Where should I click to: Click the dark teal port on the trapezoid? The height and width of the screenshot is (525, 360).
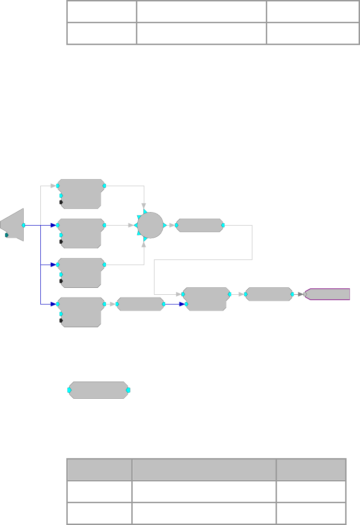(7, 235)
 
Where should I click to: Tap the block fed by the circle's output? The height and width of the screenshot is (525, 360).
(199, 225)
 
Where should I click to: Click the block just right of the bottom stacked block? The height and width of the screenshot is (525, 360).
(141, 304)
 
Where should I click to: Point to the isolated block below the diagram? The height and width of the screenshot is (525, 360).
(98, 390)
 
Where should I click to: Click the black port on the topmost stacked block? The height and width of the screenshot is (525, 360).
(61, 202)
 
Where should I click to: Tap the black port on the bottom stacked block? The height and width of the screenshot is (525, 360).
(61, 321)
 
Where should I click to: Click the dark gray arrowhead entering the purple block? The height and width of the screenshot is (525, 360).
(301, 294)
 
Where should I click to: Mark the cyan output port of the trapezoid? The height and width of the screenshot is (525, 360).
(23, 225)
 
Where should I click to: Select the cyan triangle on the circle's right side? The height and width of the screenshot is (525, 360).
(165, 225)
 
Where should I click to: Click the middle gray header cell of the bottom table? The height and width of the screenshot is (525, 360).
(204, 469)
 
